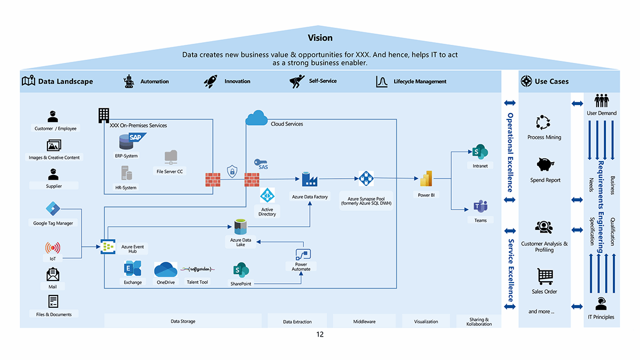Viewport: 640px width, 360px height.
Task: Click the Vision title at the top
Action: (320, 38)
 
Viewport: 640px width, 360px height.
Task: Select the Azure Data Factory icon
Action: (309, 179)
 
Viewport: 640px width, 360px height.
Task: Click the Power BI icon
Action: (426, 179)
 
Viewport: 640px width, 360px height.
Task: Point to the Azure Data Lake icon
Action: (241, 227)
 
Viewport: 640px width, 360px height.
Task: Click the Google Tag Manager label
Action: (53, 223)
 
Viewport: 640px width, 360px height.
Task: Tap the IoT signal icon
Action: (53, 248)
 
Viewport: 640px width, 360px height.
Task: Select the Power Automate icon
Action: (303, 254)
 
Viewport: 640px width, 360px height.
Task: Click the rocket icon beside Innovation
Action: (211, 82)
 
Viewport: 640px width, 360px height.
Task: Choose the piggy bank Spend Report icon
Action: (545, 165)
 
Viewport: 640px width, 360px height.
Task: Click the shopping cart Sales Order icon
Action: (545, 277)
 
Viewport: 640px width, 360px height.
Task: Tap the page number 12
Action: (319, 335)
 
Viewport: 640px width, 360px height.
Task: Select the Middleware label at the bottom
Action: (364, 322)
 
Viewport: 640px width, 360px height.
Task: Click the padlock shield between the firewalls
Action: (232, 171)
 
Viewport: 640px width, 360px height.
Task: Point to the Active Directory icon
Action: (267, 196)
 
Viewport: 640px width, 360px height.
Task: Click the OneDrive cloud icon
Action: (165, 268)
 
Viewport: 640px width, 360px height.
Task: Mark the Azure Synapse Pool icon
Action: (366, 179)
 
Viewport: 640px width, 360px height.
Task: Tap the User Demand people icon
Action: (602, 101)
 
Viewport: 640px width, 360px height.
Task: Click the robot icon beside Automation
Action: (129, 82)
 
